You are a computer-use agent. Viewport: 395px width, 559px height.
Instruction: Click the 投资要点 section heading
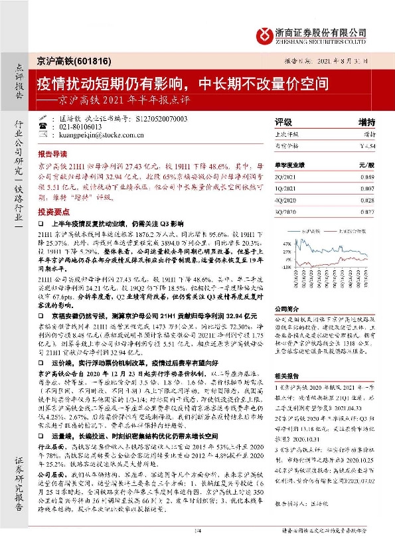tap(54, 209)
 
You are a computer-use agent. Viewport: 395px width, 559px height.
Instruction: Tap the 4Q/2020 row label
tap(285, 199)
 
